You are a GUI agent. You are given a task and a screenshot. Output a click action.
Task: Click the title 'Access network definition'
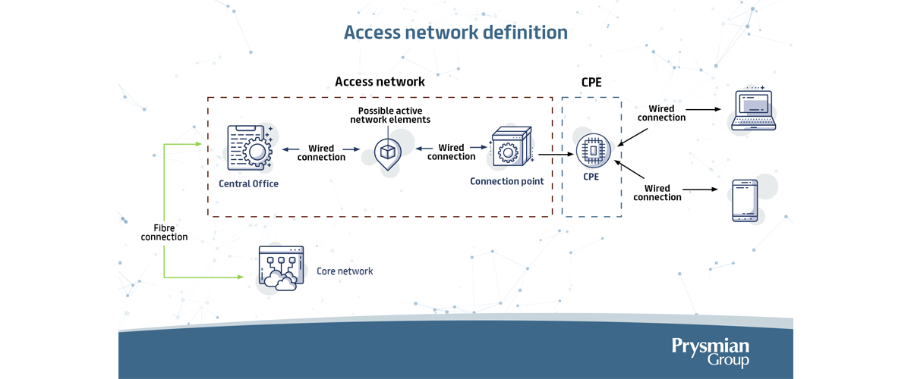(455, 33)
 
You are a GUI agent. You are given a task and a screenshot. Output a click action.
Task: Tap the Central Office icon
(250, 148)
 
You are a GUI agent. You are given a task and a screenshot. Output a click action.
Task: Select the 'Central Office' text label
(248, 183)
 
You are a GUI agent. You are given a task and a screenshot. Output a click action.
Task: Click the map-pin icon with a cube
(388, 154)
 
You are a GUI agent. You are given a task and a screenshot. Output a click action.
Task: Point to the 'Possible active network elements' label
(390, 115)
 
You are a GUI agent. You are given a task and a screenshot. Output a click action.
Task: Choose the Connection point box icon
(511, 146)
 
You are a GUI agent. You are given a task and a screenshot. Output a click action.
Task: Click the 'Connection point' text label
(507, 181)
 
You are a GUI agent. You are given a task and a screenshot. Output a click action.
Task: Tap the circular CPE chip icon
(594, 151)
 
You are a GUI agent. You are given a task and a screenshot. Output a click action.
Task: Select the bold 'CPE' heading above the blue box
(591, 82)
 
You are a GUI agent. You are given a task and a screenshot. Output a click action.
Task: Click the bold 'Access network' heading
(380, 82)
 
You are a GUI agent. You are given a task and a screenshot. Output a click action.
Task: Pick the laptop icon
(754, 110)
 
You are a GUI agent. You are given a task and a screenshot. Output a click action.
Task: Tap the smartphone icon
(745, 201)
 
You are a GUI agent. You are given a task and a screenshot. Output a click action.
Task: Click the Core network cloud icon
(281, 268)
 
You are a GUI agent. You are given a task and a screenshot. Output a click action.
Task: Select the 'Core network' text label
(345, 271)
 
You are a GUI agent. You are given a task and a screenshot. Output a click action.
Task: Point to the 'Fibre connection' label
(164, 233)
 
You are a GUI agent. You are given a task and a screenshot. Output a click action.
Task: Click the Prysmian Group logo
(710, 352)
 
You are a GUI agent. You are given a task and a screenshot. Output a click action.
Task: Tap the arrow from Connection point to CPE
(556, 155)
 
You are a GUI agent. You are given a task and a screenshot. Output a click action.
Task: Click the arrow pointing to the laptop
(704, 109)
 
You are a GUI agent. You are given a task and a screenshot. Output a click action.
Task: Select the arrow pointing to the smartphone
(700, 189)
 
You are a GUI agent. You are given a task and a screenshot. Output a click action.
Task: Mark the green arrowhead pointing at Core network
(241, 277)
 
